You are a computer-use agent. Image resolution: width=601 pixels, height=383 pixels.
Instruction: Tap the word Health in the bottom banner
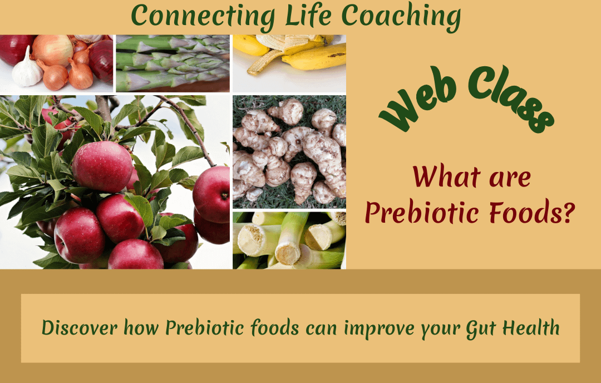pyautogui.click(x=531, y=328)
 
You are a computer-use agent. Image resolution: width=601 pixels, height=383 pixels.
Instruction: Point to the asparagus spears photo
pyautogui.click(x=173, y=63)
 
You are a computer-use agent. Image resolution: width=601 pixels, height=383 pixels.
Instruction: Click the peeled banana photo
pyautogui.click(x=289, y=63)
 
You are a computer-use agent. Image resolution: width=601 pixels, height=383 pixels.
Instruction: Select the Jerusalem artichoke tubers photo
pyautogui.click(x=289, y=150)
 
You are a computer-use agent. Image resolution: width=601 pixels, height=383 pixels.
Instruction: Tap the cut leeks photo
pyautogui.click(x=289, y=239)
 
